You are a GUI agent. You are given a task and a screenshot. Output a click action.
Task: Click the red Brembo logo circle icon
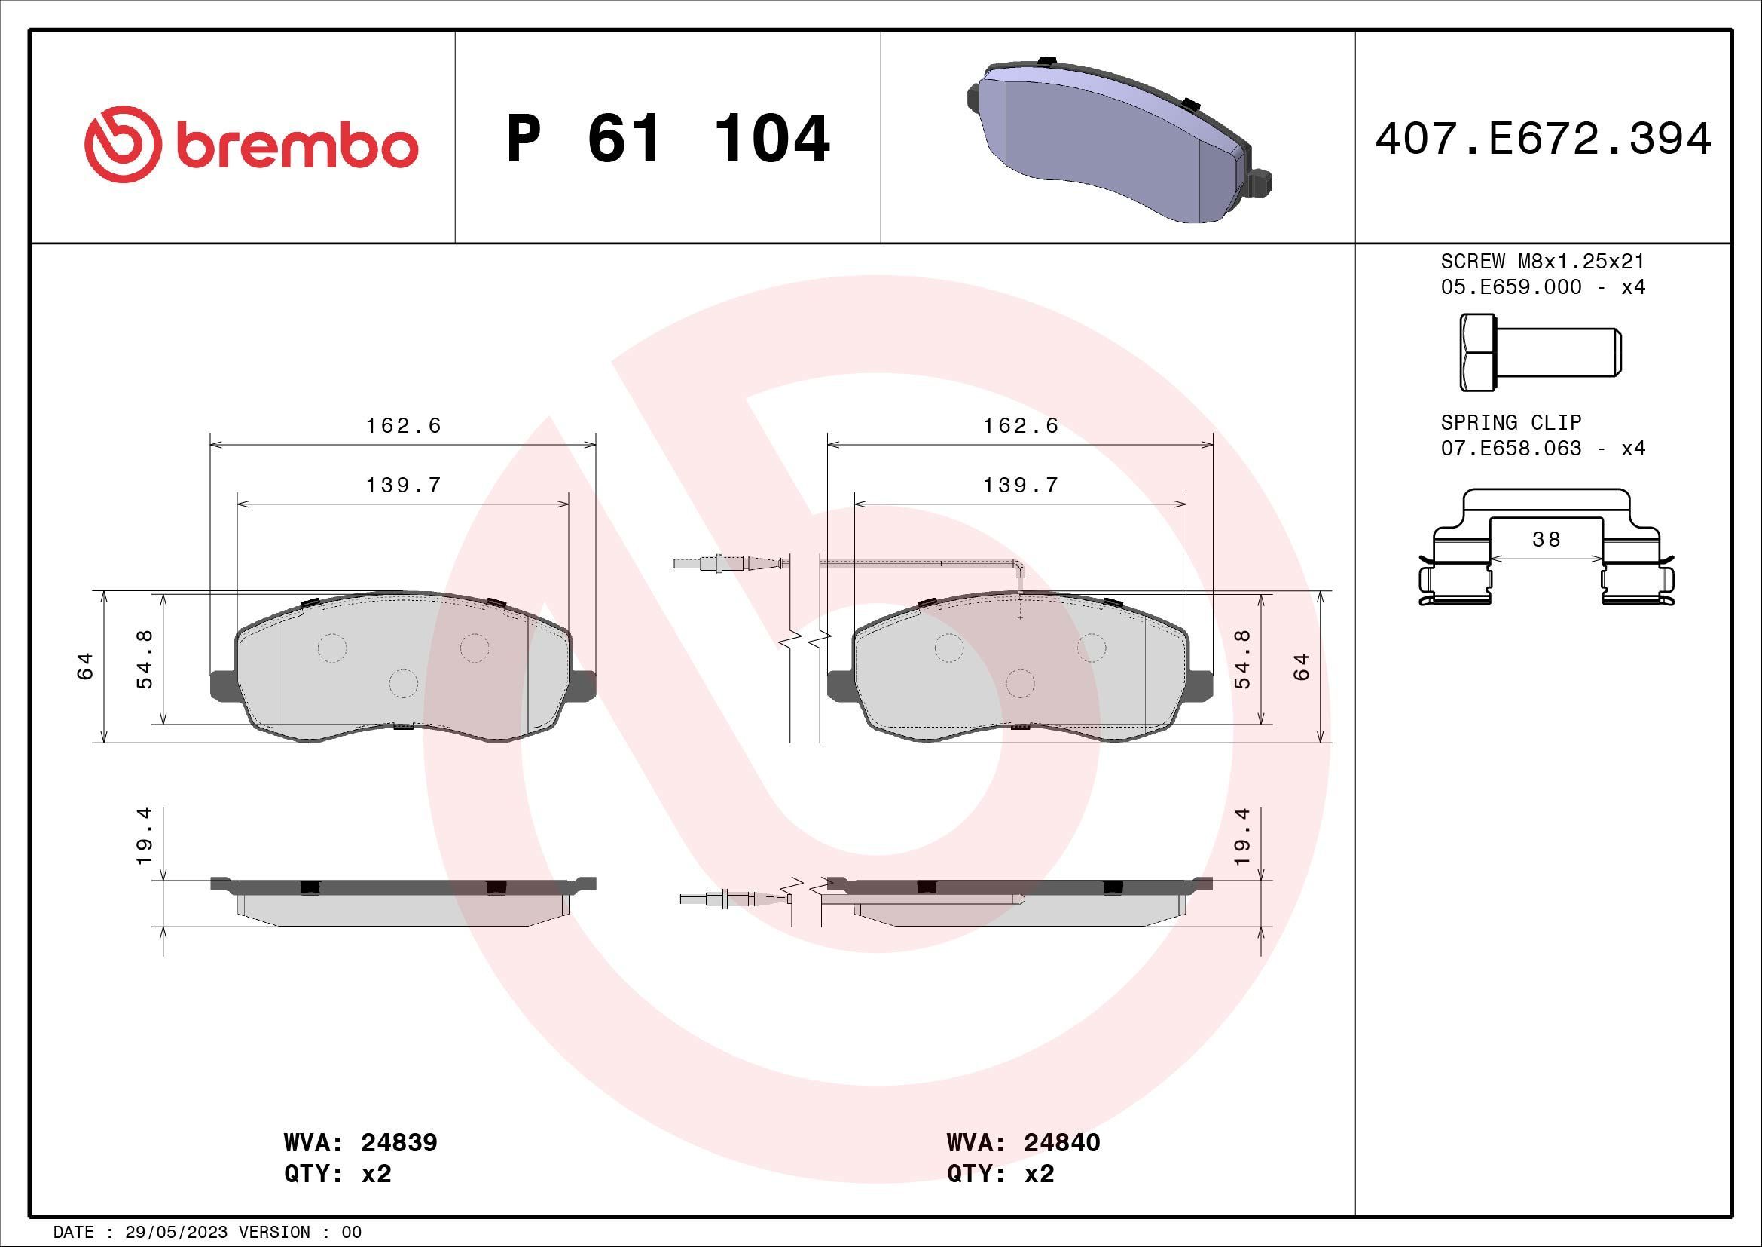click(123, 143)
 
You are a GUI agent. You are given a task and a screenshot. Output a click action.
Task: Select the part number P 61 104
click(667, 139)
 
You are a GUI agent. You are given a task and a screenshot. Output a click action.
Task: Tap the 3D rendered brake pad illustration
click(1116, 142)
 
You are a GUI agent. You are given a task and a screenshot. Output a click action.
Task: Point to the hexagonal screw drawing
click(1539, 352)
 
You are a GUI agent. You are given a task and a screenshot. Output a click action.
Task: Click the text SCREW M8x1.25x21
click(1543, 262)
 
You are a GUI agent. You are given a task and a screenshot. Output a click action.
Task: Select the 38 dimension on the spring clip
click(1546, 540)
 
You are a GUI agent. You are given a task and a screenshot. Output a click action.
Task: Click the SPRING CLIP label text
click(1510, 422)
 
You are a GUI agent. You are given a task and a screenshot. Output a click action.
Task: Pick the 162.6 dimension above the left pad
click(403, 425)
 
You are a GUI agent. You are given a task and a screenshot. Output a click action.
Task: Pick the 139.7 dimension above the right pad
click(1020, 486)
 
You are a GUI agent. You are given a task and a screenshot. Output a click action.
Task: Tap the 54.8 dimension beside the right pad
click(1242, 659)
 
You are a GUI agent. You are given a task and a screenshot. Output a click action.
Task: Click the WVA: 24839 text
click(360, 1142)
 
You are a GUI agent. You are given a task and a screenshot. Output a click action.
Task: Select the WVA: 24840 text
click(1023, 1142)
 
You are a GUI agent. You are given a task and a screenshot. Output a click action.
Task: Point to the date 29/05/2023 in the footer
click(176, 1232)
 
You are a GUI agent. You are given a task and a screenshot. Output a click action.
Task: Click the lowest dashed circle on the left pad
click(403, 682)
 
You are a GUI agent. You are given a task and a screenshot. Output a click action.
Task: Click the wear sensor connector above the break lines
click(725, 565)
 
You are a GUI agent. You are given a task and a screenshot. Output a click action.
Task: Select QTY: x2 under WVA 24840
click(1000, 1174)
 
